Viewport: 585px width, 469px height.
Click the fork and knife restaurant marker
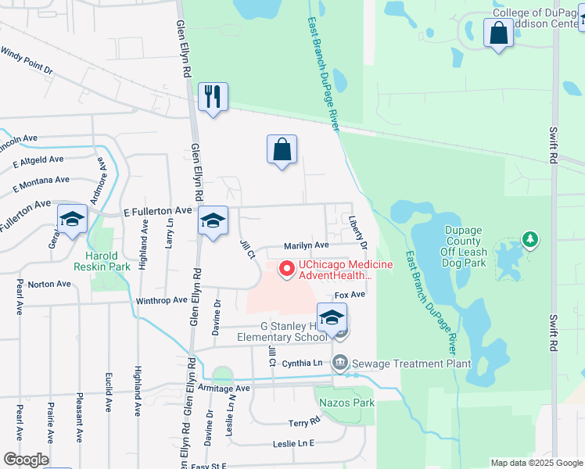point(213,98)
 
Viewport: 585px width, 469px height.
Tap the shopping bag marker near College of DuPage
point(498,34)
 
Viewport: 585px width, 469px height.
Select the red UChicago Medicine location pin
point(286,270)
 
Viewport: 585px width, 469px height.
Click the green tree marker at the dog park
point(530,239)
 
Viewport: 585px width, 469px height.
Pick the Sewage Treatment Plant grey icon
point(340,363)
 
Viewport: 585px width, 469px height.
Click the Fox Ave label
point(350,295)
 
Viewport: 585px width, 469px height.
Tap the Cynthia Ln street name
point(302,363)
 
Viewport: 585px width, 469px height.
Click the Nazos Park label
point(347,403)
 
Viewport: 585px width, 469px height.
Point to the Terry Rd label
point(304,422)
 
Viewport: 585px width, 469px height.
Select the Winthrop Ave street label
point(162,300)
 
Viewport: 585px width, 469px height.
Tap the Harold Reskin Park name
point(102,262)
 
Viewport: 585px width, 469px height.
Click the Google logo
point(26,459)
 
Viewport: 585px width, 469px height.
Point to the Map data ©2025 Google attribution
point(536,463)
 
